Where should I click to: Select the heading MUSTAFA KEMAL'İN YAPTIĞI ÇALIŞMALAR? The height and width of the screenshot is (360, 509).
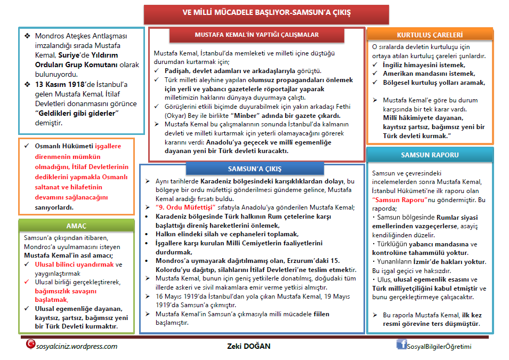(256, 35)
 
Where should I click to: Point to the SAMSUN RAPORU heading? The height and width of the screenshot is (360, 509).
(430, 155)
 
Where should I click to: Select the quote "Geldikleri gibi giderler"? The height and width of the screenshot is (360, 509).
(76, 113)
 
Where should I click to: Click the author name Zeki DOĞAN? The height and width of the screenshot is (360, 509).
(249, 346)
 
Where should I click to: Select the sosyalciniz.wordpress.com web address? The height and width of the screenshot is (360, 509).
(77, 346)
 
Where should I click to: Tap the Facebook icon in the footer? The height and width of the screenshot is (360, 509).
(401, 344)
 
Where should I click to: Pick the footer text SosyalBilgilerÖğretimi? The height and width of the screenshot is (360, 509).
(439, 347)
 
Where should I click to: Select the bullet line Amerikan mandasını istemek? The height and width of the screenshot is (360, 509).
(429, 74)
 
